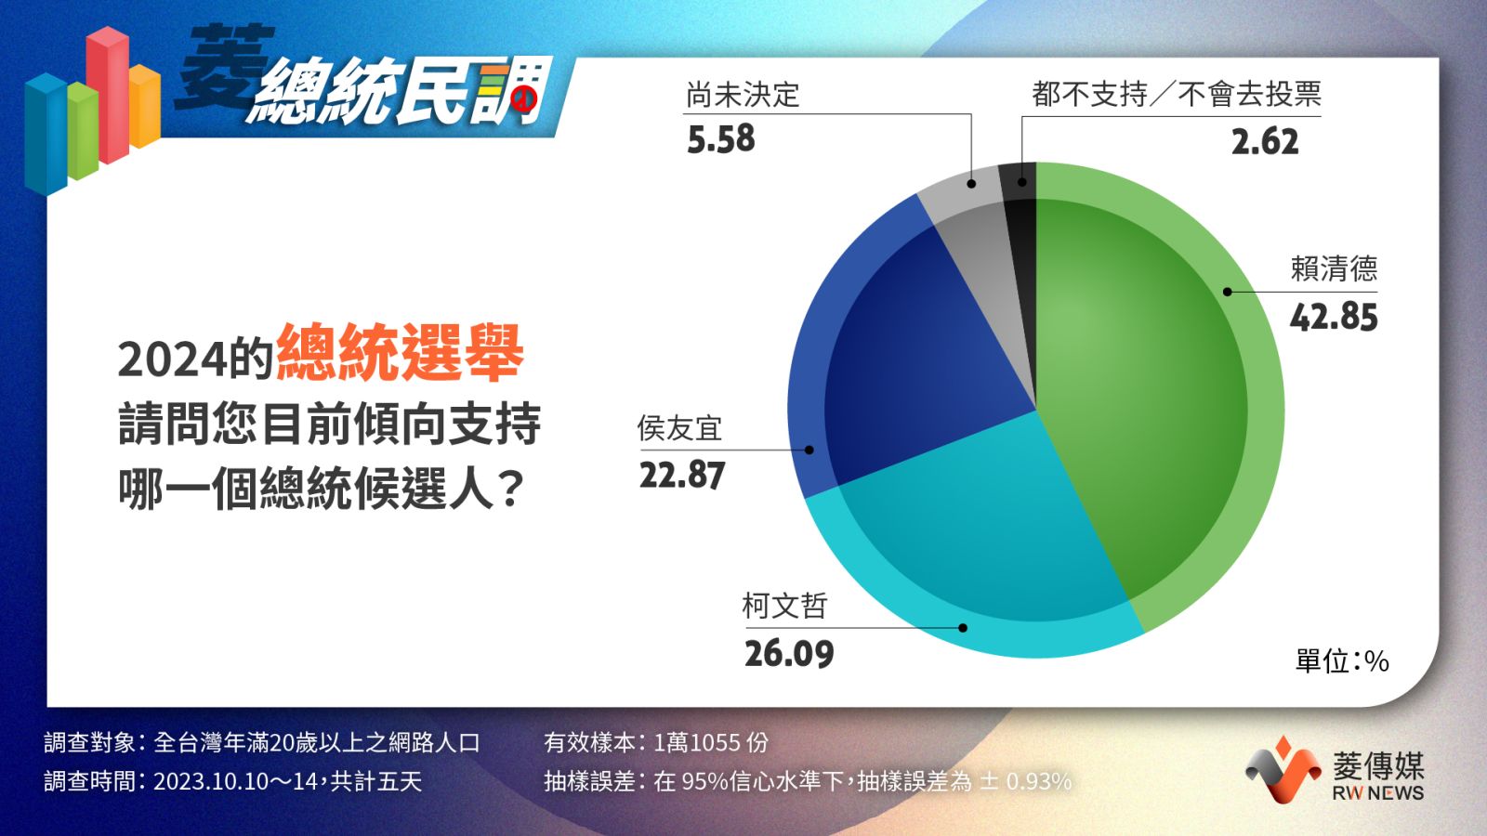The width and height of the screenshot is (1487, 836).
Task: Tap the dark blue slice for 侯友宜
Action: click(902, 359)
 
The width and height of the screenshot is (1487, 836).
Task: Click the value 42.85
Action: click(1334, 317)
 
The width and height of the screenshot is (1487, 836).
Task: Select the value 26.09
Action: click(789, 654)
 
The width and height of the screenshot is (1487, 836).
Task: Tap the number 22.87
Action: click(682, 476)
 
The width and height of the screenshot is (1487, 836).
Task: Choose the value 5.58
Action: click(721, 138)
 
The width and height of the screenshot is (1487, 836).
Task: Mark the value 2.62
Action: click(1265, 141)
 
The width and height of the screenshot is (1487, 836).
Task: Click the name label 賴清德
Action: click(1334, 268)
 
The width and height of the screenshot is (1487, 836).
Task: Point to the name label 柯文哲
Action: click(784, 605)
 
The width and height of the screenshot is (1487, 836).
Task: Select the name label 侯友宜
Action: click(679, 428)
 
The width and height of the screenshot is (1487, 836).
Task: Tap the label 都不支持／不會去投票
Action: click(1177, 94)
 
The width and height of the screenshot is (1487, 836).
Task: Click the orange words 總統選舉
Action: click(401, 352)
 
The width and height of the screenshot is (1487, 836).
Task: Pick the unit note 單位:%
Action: click(1342, 660)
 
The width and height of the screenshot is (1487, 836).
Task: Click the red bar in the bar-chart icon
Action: click(108, 95)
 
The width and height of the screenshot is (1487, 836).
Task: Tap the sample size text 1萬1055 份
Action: click(711, 742)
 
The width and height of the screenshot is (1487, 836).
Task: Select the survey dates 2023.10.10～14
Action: click(236, 781)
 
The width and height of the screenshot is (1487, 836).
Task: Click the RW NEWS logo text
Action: click(1378, 793)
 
